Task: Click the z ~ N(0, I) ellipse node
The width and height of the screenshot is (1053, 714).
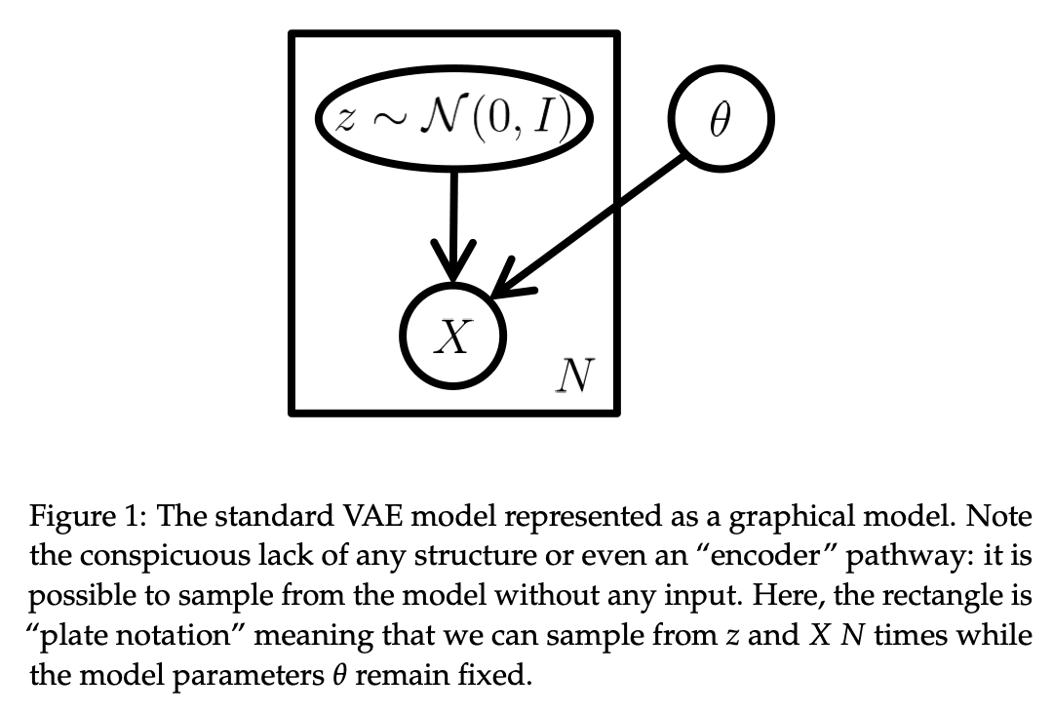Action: (454, 117)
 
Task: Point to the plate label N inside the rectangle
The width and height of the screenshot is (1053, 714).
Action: (573, 375)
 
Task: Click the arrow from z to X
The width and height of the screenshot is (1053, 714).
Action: (453, 219)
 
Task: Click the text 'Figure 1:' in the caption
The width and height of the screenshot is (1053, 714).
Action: (85, 517)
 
